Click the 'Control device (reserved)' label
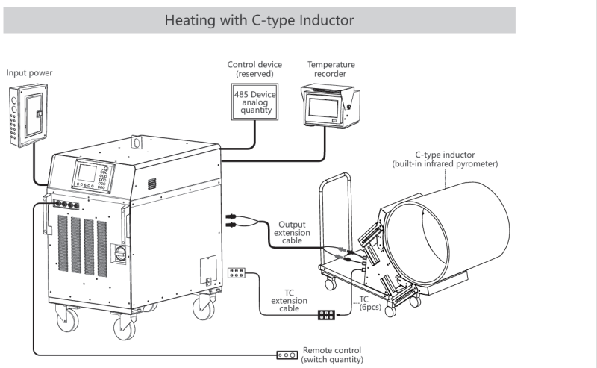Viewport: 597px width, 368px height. coord(254,69)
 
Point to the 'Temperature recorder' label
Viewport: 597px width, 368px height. coord(331,69)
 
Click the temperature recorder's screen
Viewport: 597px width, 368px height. coord(324,102)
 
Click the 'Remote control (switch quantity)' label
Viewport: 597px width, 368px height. coord(333,354)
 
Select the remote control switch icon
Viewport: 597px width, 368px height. coord(287,355)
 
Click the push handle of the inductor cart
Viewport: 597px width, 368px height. coord(336,183)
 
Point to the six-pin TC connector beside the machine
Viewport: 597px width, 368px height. coord(237,273)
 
